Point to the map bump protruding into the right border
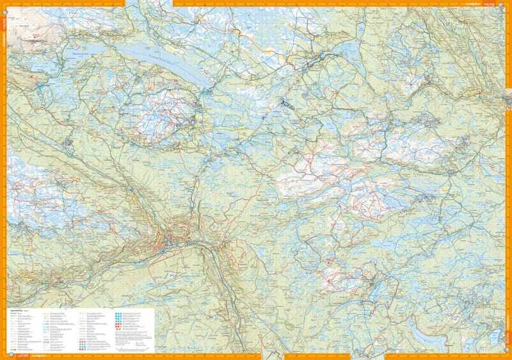[508, 99]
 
